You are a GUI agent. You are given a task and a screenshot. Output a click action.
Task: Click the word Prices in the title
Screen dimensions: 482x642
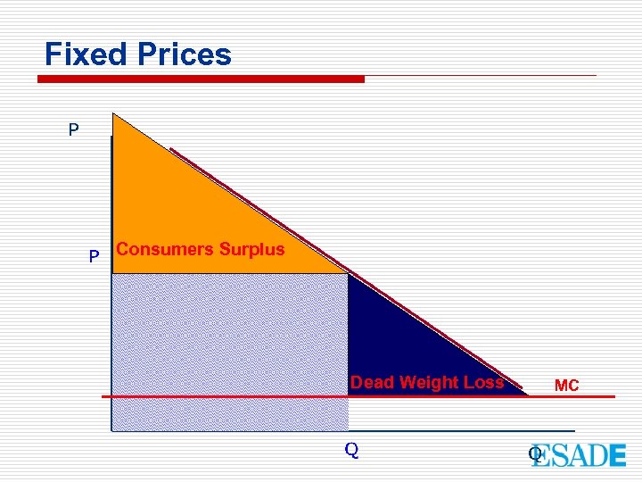[182, 54]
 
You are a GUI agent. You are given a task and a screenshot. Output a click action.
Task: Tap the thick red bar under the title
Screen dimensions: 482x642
[201, 79]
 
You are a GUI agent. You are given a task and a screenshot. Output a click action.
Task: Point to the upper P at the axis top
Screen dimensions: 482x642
[73, 130]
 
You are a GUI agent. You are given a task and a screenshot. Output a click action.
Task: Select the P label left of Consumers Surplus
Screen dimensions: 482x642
[94, 257]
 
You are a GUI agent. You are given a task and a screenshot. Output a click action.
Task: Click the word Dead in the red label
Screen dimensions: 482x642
[372, 383]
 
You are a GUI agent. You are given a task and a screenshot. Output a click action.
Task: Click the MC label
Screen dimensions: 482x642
[566, 386]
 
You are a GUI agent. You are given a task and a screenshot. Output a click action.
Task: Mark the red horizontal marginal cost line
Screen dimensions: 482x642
[223, 395]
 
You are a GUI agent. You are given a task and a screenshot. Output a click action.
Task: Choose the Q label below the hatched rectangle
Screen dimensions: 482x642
[352, 450]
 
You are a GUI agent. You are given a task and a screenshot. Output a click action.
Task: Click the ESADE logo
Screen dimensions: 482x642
[580, 455]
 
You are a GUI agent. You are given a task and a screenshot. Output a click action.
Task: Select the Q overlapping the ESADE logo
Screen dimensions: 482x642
[535, 453]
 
